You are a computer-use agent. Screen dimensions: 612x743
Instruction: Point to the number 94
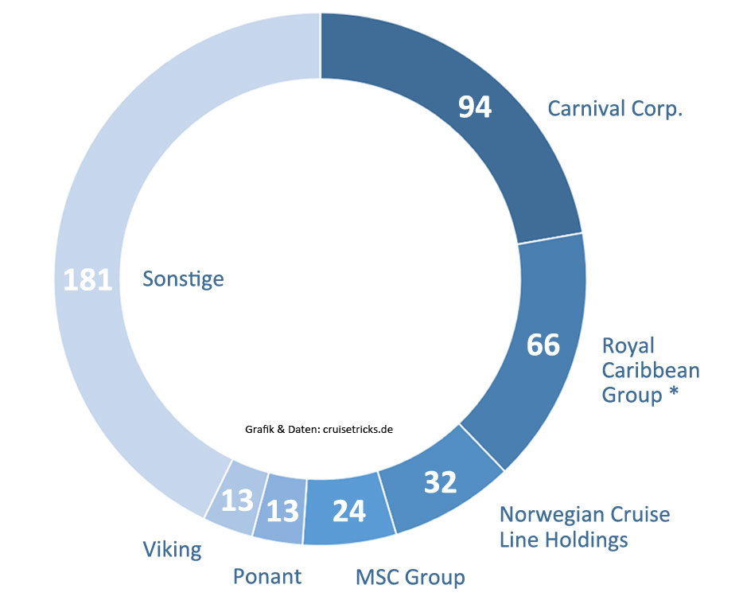tap(475, 107)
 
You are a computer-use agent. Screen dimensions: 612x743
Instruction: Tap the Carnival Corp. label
tap(616, 108)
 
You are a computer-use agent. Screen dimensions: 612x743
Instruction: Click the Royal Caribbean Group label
tap(651, 370)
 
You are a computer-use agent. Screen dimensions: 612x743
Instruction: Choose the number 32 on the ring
tap(440, 482)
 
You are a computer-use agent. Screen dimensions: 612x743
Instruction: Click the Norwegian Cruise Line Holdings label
tap(584, 526)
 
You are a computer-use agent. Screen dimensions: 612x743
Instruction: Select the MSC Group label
tap(410, 575)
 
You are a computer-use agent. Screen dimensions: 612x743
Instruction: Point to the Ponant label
tap(267, 575)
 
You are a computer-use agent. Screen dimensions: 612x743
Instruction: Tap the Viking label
tap(172, 548)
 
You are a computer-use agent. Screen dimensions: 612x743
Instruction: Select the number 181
tap(88, 279)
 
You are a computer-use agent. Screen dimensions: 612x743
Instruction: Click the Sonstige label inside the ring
tap(183, 279)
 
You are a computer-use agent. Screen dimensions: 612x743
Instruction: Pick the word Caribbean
tap(651, 370)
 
